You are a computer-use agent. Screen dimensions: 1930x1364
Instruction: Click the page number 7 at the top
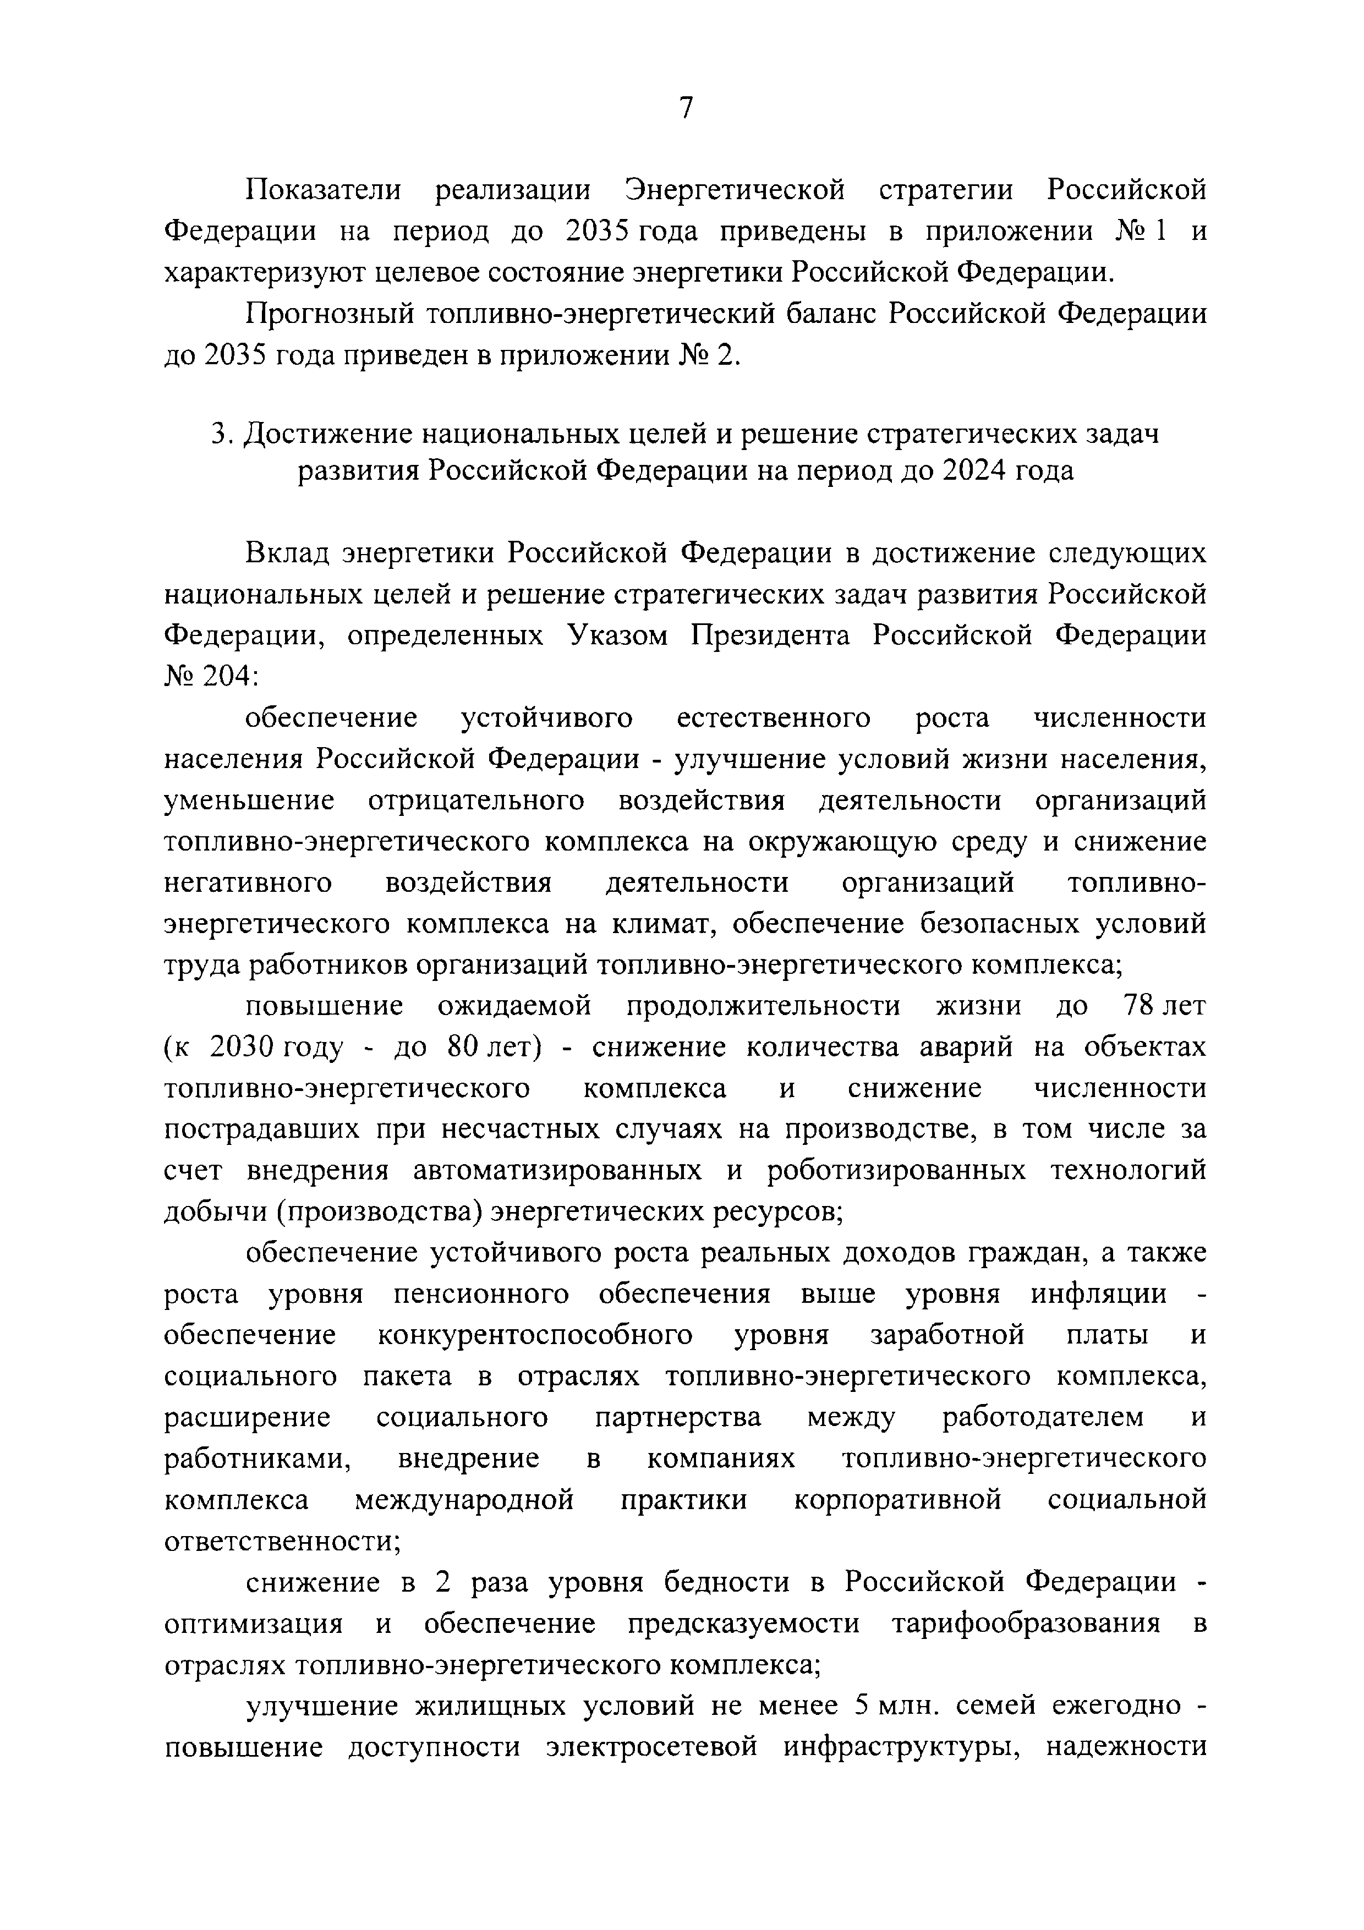click(x=685, y=108)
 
